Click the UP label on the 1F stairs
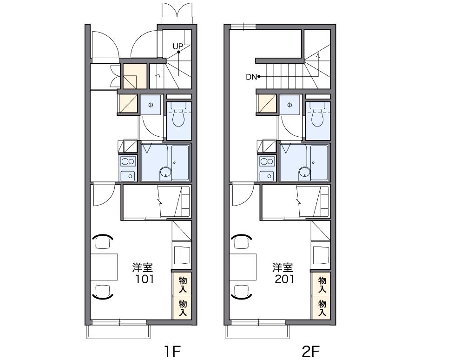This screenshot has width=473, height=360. [x=178, y=46]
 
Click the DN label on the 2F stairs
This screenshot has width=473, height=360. [x=251, y=77]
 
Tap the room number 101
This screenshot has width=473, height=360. [x=145, y=279]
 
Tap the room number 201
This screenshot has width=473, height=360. [x=284, y=279]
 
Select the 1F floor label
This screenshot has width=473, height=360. [x=172, y=352]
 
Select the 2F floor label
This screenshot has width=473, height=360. [x=311, y=352]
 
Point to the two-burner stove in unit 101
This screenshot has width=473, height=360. [x=128, y=161]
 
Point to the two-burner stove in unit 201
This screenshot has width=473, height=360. [x=267, y=161]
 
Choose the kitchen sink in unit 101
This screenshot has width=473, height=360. [x=128, y=176]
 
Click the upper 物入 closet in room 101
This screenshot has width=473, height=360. [x=182, y=285]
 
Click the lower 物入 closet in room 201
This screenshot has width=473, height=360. [x=322, y=308]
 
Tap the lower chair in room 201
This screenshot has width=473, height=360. [x=241, y=292]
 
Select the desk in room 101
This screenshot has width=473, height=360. [x=104, y=267]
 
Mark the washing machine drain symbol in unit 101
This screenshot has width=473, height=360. [x=151, y=105]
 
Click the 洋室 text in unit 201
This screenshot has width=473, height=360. [x=283, y=267]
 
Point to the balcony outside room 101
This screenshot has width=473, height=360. [x=118, y=332]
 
